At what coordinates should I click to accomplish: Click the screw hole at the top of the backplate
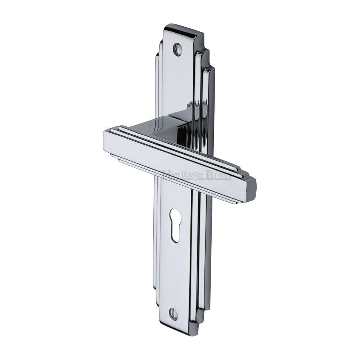pos(177,49)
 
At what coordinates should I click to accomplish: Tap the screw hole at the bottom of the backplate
pos(174,314)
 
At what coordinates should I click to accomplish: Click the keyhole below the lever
pos(175,224)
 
